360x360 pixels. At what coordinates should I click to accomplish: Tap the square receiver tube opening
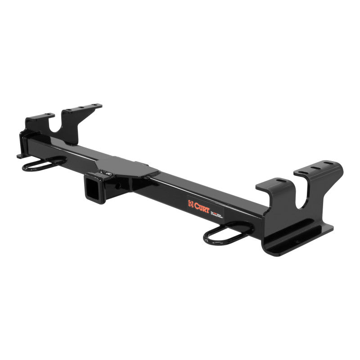(x=91, y=190)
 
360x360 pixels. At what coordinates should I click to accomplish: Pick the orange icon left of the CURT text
(x=191, y=205)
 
